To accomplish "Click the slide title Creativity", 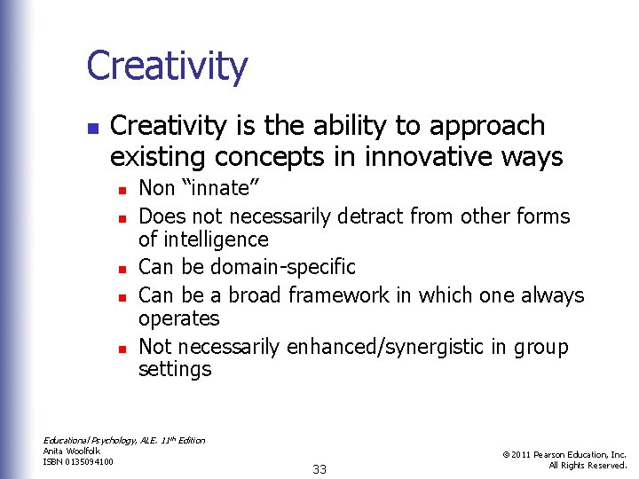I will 167,67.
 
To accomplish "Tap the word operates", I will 178,318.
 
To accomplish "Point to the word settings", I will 175,369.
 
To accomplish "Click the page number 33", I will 319,469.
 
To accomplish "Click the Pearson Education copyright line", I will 564,454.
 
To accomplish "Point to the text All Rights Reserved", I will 588,465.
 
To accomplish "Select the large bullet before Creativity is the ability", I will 92,128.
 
